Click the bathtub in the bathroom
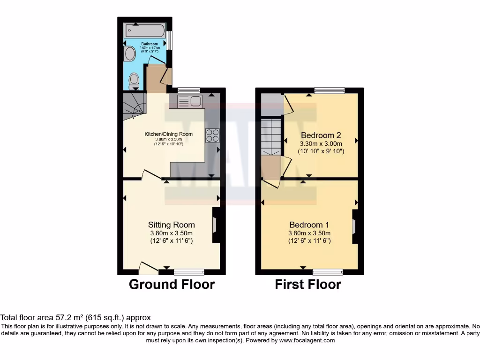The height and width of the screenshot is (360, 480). pos(144,31)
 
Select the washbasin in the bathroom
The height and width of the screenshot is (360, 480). pos(130,53)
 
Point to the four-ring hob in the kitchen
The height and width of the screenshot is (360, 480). pos(212,135)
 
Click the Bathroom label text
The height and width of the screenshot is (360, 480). pos(150,44)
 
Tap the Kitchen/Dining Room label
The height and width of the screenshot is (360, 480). pos(168,134)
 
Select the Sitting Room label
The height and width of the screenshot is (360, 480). pos(172,225)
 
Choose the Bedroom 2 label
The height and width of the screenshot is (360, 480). pos(321,135)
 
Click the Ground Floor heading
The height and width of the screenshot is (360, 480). pos(172,284)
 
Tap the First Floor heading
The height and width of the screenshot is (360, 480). pos(308,284)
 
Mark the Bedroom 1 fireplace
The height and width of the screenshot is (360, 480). pos(354,226)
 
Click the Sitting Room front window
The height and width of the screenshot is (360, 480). pos(189,271)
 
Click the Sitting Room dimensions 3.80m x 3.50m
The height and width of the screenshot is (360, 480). pos(171,233)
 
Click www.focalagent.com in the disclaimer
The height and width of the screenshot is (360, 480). pos(307,340)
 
